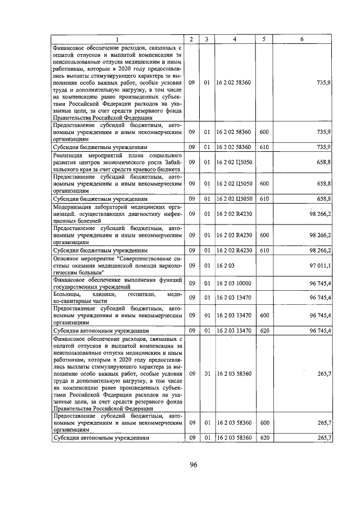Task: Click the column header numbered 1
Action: pyautogui.click(x=118, y=39)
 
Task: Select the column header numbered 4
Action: pyautogui.click(x=235, y=39)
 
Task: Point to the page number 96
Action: pyautogui.click(x=193, y=465)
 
